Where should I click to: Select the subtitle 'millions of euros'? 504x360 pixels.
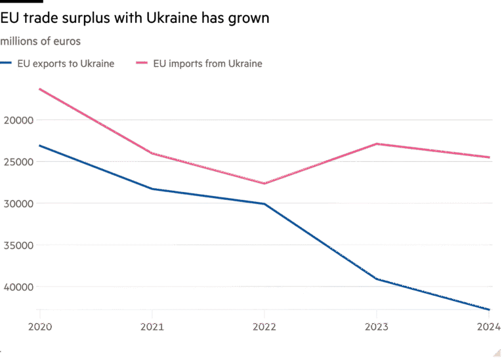(41, 41)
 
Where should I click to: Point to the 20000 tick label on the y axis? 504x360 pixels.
(18, 120)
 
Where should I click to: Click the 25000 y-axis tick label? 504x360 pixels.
(18, 162)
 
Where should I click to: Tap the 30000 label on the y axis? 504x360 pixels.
(18, 204)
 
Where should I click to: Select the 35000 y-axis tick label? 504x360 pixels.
(18, 245)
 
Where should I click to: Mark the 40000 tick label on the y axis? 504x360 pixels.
(18, 287)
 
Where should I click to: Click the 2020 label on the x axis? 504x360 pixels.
(40, 326)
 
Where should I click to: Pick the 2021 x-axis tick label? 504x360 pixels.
(152, 326)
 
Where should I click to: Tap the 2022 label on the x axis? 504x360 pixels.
(264, 326)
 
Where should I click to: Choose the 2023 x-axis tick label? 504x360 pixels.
(377, 326)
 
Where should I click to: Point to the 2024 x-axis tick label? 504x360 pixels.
(488, 326)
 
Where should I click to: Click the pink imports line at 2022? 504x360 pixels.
(264, 184)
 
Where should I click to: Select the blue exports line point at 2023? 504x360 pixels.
(377, 279)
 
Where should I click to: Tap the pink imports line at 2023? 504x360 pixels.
(377, 144)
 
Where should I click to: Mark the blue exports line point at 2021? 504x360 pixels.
(152, 189)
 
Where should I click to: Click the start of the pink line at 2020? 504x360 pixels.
(40, 89)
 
